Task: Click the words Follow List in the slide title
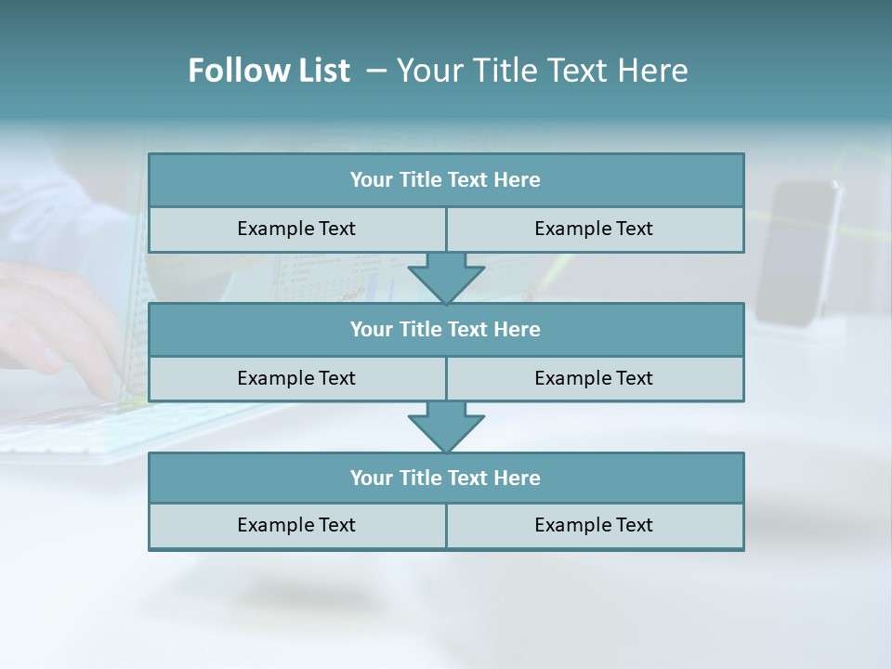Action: pyautogui.click(x=269, y=71)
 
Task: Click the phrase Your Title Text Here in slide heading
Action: pyautogui.click(x=543, y=71)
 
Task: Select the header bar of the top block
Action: pyautogui.click(x=446, y=180)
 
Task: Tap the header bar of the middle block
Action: pyautogui.click(x=446, y=330)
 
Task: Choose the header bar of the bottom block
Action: pyautogui.click(x=446, y=479)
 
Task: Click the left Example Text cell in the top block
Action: pyautogui.click(x=296, y=230)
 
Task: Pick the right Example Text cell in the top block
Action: pyautogui.click(x=594, y=230)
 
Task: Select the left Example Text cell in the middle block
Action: pyautogui.click(x=296, y=378)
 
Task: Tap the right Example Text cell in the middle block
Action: pyautogui.click(x=594, y=378)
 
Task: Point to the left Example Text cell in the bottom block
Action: pyautogui.click(x=296, y=526)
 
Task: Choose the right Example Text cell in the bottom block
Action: pyautogui.click(x=594, y=526)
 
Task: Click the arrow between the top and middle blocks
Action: pyautogui.click(x=446, y=279)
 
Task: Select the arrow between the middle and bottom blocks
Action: pyautogui.click(x=446, y=427)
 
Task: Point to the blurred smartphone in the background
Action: pyautogui.click(x=797, y=253)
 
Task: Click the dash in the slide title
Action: pyautogui.click(x=376, y=71)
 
